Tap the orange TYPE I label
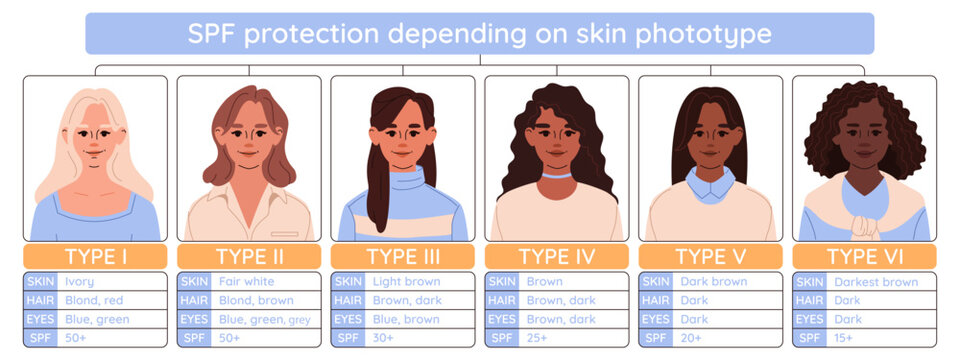click(x=95, y=256)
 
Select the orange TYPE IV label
click(x=557, y=256)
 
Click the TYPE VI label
click(x=864, y=256)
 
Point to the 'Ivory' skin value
click(x=79, y=282)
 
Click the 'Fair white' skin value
click(x=246, y=282)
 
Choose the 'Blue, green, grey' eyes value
click(x=264, y=320)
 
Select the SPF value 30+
click(x=383, y=338)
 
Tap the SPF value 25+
click(x=538, y=338)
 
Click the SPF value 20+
click(x=691, y=338)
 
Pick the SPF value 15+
click(x=844, y=338)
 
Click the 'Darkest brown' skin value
click(x=876, y=282)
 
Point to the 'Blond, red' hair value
click(x=94, y=301)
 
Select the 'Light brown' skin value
click(x=406, y=282)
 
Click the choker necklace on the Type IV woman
click(x=557, y=175)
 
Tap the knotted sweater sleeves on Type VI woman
click(x=864, y=227)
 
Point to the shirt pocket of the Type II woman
click(x=284, y=234)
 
